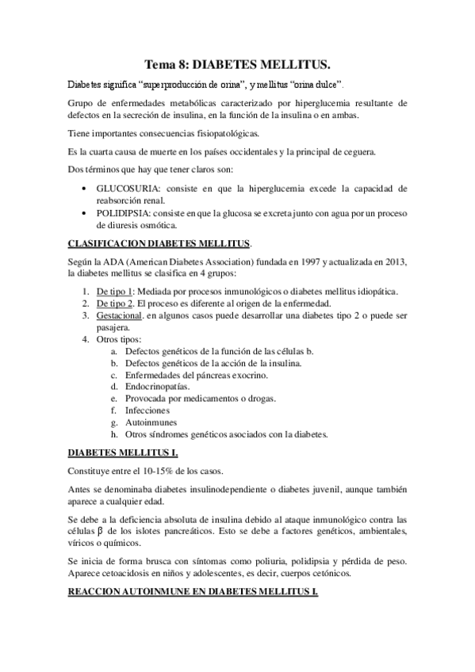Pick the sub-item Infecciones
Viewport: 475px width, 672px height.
[147, 410]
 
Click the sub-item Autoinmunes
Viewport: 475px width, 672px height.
[150, 422]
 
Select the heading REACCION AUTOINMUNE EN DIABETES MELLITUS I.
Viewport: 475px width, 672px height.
[193, 593]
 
